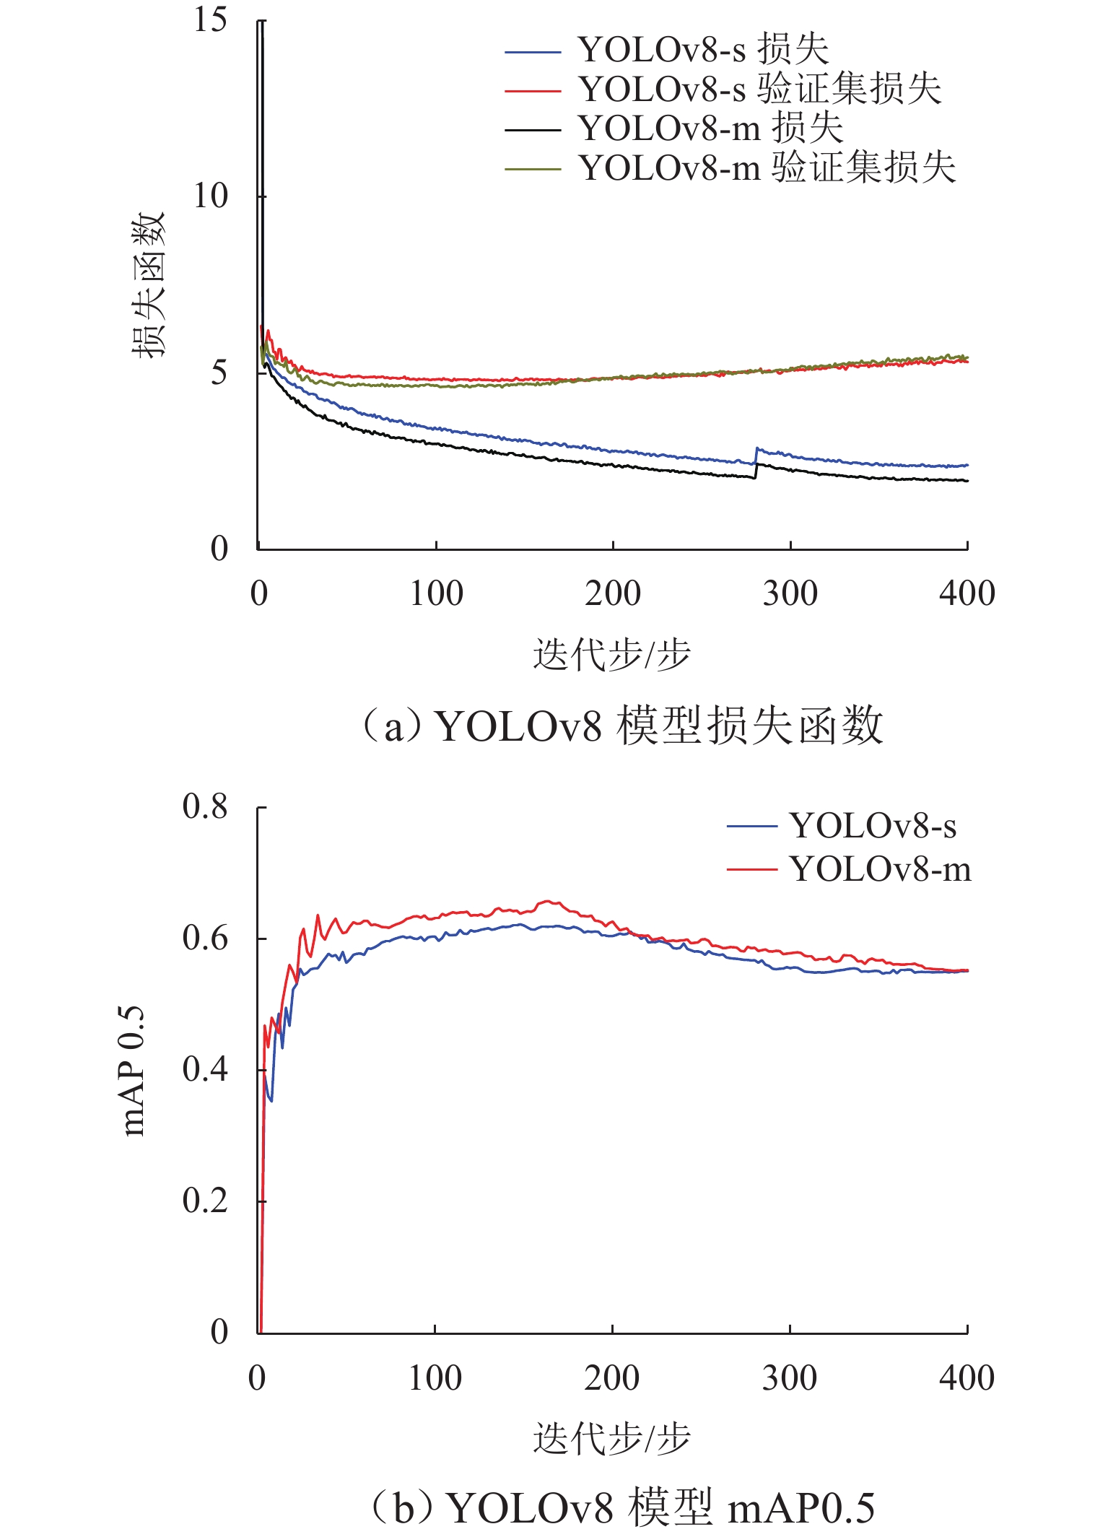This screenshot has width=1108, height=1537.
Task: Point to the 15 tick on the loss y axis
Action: point(210,20)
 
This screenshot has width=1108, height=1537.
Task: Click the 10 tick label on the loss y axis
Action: point(210,196)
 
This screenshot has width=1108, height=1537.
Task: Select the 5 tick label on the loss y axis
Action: point(219,373)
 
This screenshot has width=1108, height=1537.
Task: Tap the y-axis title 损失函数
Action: point(149,284)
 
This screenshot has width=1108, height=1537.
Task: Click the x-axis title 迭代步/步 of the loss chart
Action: point(611,654)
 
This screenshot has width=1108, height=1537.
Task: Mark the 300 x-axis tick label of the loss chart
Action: point(790,594)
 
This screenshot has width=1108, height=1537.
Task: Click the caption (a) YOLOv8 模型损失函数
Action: point(622,726)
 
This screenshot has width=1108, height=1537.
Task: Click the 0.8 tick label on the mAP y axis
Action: point(205,806)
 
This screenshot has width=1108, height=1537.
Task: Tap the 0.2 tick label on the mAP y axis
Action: point(205,1201)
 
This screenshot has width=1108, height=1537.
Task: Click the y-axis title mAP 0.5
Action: point(134,1071)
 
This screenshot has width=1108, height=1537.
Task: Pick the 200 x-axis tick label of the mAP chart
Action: point(611,1378)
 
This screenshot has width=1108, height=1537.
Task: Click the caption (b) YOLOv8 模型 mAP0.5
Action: point(622,1507)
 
